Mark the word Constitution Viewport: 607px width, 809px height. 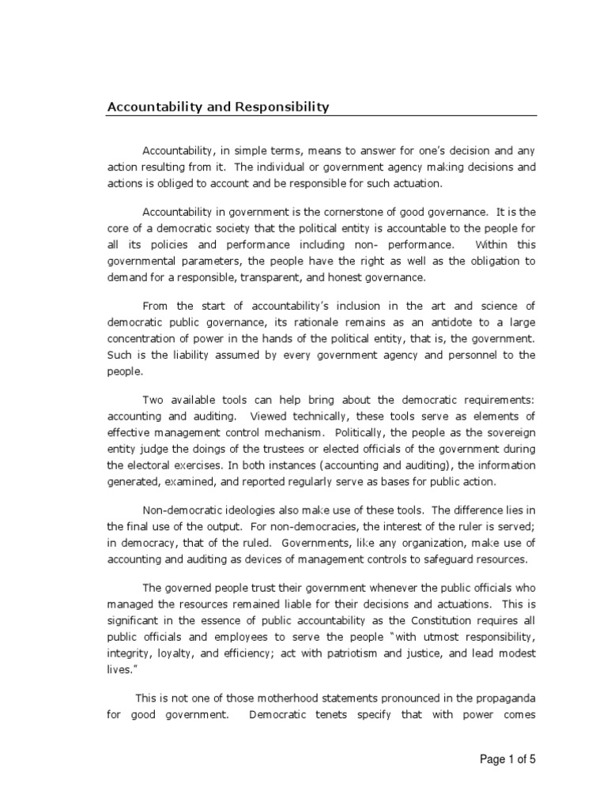[432, 620]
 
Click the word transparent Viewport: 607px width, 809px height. [273, 277]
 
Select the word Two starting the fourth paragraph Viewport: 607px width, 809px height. [152, 400]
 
